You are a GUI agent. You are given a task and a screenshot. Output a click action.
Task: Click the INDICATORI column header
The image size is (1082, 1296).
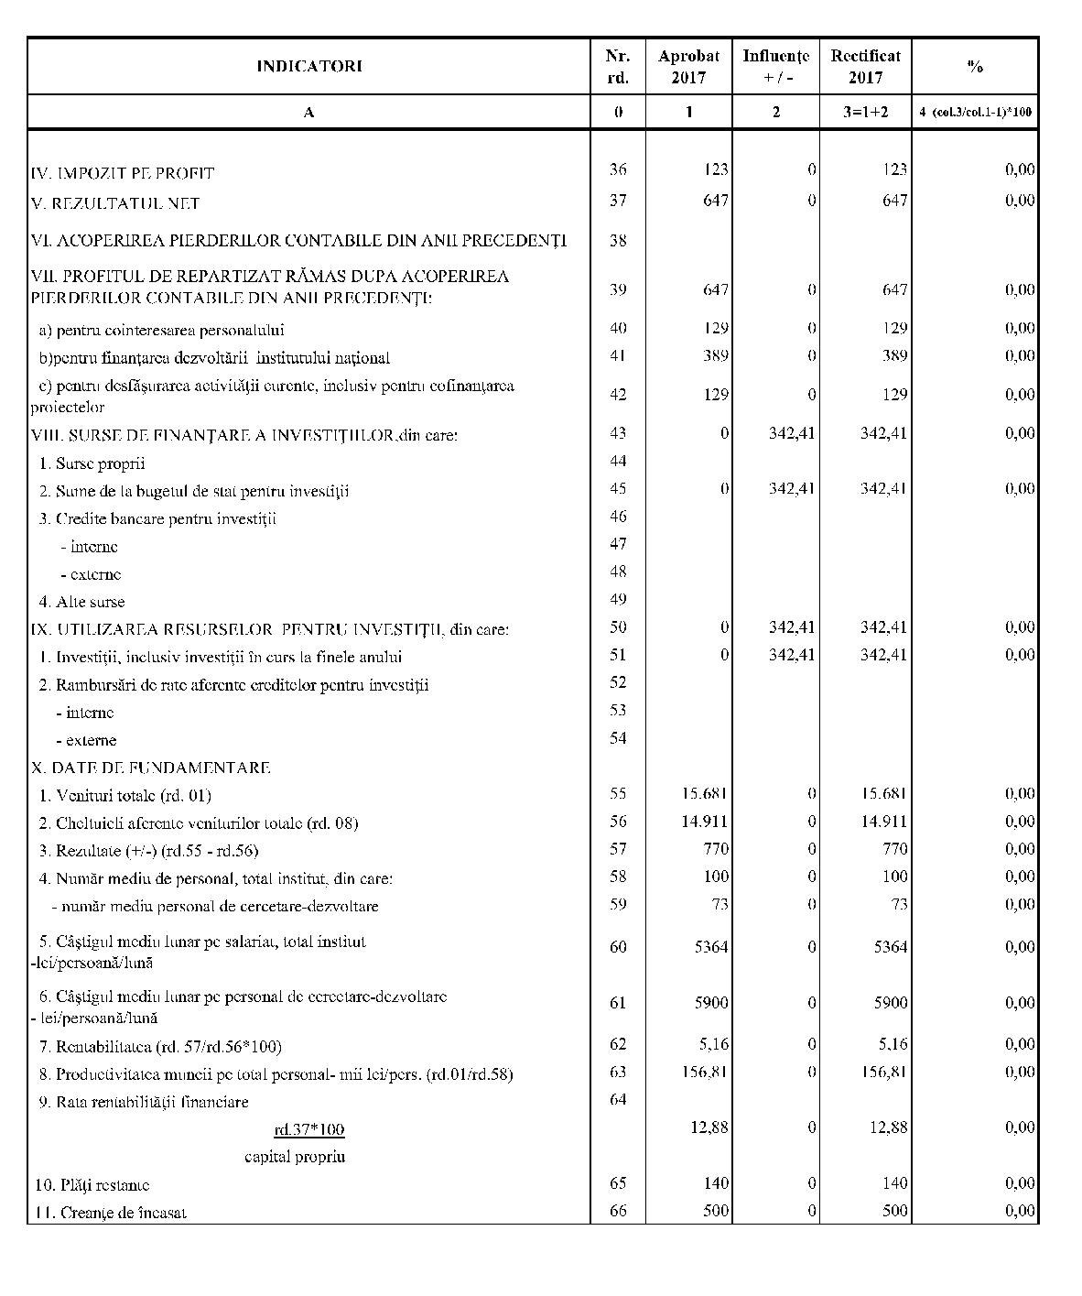pyautogui.click(x=308, y=66)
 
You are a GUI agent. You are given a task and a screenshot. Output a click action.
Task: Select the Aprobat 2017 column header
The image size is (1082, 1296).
pyautogui.click(x=688, y=67)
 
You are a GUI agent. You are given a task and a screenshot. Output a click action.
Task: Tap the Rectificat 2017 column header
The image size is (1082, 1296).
pyautogui.click(x=865, y=67)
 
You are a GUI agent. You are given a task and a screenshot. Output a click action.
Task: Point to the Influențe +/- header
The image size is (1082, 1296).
pyautogui.click(x=775, y=67)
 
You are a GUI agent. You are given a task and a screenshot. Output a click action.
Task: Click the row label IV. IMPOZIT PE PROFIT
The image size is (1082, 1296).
pyautogui.click(x=123, y=173)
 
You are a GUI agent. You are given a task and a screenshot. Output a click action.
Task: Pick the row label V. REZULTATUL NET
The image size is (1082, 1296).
pyautogui.click(x=115, y=203)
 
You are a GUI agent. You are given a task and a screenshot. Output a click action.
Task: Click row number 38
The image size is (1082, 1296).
pyautogui.click(x=618, y=240)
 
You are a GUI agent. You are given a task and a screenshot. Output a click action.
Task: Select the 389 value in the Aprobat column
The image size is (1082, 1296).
pyautogui.click(x=716, y=355)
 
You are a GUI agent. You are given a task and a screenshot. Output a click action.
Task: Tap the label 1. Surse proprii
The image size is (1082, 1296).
pyautogui.click(x=92, y=463)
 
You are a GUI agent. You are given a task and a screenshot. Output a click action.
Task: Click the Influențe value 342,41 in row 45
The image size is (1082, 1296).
pyautogui.click(x=792, y=488)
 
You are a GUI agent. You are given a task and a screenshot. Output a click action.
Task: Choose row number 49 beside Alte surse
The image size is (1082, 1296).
pyautogui.click(x=618, y=599)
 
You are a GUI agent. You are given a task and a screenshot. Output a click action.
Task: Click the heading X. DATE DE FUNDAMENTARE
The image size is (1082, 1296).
pyautogui.click(x=150, y=768)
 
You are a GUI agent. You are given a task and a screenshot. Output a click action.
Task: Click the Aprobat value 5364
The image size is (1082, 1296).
pyautogui.click(x=710, y=947)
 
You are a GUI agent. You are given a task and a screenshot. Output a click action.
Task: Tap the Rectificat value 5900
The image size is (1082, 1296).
pyautogui.click(x=890, y=1003)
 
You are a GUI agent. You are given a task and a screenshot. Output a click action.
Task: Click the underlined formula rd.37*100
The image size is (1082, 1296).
pyautogui.click(x=309, y=1128)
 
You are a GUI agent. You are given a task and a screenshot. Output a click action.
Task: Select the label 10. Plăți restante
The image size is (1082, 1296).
pyautogui.click(x=92, y=1185)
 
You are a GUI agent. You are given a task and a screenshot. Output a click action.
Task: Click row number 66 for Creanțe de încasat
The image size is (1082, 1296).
pyautogui.click(x=618, y=1211)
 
